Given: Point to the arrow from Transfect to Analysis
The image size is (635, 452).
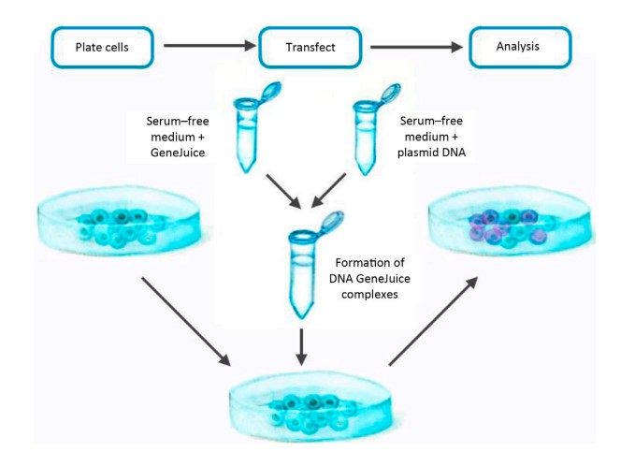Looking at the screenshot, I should pyautogui.click(x=417, y=44).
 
